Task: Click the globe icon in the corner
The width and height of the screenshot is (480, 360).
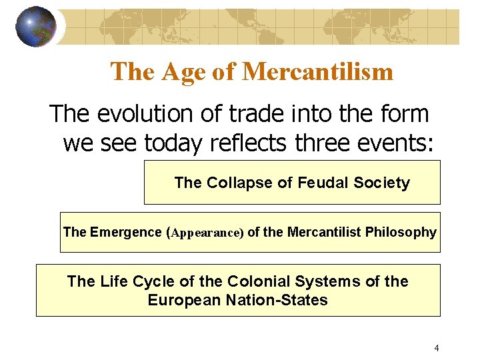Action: pyautogui.click(x=36, y=26)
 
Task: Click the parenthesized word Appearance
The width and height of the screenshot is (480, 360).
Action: pyautogui.click(x=207, y=233)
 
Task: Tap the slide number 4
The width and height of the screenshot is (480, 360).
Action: pyautogui.click(x=436, y=347)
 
